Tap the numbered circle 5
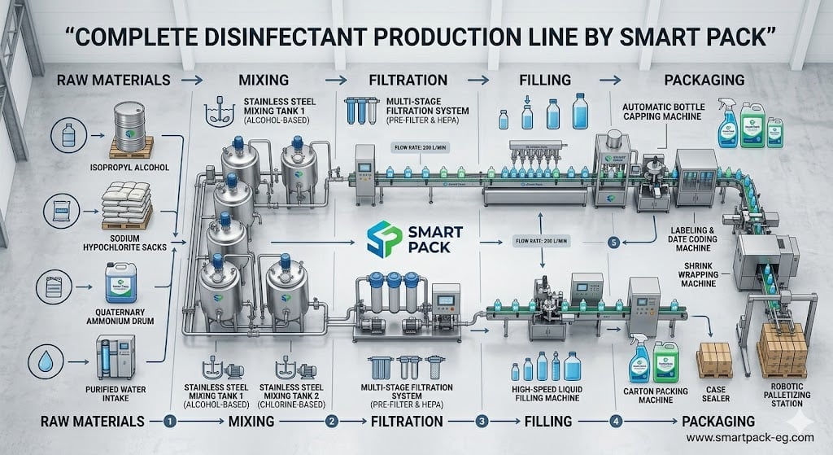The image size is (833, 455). pyautogui.click(x=613, y=242)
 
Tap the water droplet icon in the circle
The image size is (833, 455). pyautogui.click(x=65, y=358)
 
